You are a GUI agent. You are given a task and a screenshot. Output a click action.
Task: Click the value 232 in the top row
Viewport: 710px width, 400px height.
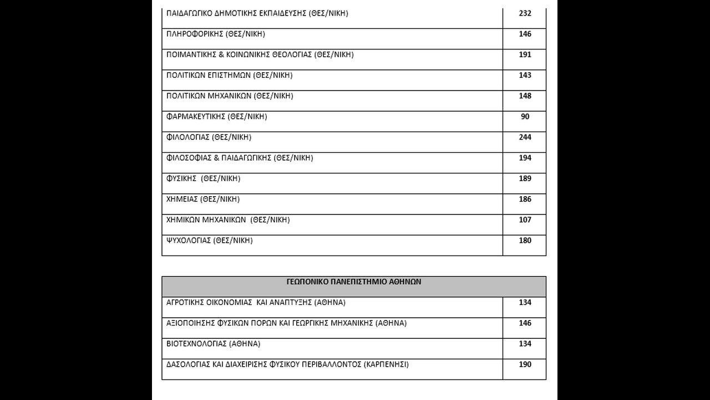pyautogui.click(x=525, y=13)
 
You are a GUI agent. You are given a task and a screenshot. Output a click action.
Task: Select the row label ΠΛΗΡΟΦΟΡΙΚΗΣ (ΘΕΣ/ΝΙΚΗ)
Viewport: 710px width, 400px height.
pyautogui.click(x=216, y=34)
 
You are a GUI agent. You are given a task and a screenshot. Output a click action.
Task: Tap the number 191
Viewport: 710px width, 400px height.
pyautogui.click(x=525, y=54)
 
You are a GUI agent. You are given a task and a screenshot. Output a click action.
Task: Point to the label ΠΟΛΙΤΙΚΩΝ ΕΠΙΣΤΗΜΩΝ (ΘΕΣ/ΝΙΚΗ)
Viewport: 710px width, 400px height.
pyautogui.click(x=230, y=75)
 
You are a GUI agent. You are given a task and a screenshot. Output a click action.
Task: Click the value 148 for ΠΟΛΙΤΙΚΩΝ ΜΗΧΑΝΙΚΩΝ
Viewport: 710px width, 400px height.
pyautogui.click(x=525, y=96)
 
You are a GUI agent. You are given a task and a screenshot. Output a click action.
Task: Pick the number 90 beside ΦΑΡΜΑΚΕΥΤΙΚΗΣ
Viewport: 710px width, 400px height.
pyautogui.click(x=525, y=116)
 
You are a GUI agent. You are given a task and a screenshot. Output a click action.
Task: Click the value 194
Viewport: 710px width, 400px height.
pyautogui.click(x=525, y=158)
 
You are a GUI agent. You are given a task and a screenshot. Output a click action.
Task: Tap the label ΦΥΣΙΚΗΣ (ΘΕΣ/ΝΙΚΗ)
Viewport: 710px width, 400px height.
pyautogui.click(x=204, y=178)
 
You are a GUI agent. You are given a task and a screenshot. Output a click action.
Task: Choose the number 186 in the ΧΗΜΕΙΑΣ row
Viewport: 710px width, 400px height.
pyautogui.click(x=525, y=199)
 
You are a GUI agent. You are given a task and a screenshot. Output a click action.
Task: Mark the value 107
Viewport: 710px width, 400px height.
pyautogui.click(x=525, y=219)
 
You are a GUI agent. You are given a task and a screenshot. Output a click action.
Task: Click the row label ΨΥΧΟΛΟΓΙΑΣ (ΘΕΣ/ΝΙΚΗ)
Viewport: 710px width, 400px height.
pyautogui.click(x=210, y=241)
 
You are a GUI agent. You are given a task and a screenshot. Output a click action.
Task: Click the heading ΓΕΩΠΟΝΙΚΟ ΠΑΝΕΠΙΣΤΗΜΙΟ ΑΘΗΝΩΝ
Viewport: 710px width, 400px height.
pyautogui.click(x=354, y=282)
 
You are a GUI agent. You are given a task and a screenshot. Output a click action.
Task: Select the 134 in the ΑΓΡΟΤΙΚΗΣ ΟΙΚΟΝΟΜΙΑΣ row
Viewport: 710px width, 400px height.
pyautogui.click(x=525, y=302)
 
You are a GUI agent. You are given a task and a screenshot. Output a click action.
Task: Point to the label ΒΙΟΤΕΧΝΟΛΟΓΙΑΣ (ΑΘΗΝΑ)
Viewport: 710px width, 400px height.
pyautogui.click(x=214, y=344)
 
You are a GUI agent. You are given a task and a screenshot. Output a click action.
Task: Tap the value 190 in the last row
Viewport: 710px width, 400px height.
pyautogui.click(x=525, y=364)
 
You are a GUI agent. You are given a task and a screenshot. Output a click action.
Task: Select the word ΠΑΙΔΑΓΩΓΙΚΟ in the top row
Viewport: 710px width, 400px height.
pyautogui.click(x=189, y=13)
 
